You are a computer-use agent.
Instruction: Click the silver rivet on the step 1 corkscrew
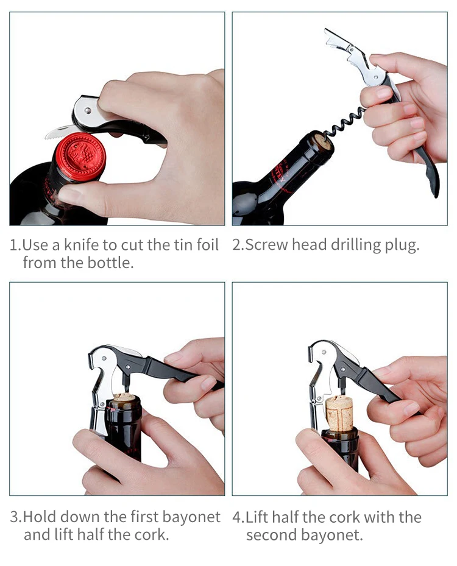click(88, 110)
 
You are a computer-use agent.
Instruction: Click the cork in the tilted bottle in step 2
click(324, 142)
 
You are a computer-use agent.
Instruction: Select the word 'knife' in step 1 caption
click(82, 245)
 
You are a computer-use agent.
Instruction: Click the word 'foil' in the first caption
click(208, 245)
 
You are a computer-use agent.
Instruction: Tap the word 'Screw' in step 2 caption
click(266, 245)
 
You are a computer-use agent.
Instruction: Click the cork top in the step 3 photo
click(124, 398)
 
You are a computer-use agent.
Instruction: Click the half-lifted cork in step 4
click(339, 412)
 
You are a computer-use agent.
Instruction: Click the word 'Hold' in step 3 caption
click(40, 517)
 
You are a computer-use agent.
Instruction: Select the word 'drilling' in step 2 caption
click(356, 246)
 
